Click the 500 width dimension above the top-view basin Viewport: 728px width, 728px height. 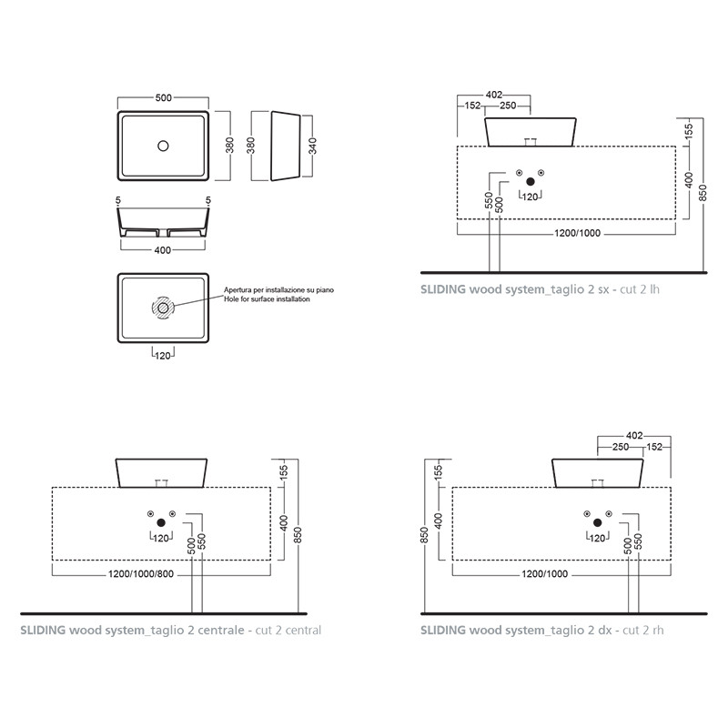(x=164, y=98)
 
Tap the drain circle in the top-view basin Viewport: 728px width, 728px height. (x=163, y=146)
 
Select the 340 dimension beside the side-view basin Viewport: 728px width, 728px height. (x=312, y=146)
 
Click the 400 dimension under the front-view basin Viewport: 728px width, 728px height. (x=163, y=250)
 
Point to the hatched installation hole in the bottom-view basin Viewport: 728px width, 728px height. (x=163, y=308)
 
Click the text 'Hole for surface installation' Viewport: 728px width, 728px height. (x=267, y=299)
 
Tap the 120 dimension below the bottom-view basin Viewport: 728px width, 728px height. (x=163, y=356)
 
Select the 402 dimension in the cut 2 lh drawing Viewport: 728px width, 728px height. (x=494, y=95)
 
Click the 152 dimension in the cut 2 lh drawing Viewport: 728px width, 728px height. (x=472, y=106)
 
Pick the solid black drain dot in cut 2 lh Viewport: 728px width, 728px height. (x=531, y=182)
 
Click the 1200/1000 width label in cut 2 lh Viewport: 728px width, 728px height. (x=578, y=233)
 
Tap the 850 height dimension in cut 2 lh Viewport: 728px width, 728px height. (x=703, y=193)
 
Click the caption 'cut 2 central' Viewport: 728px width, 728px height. (x=288, y=630)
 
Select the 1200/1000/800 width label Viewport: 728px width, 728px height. (x=141, y=574)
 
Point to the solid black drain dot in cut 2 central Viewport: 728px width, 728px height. (x=161, y=522)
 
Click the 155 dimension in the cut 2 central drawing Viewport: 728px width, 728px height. (x=284, y=471)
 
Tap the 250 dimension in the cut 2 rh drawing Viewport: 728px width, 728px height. (x=621, y=447)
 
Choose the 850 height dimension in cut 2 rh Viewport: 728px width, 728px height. (x=424, y=535)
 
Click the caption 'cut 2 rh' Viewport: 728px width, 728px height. (x=643, y=630)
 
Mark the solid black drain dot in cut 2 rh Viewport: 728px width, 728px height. (x=598, y=522)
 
